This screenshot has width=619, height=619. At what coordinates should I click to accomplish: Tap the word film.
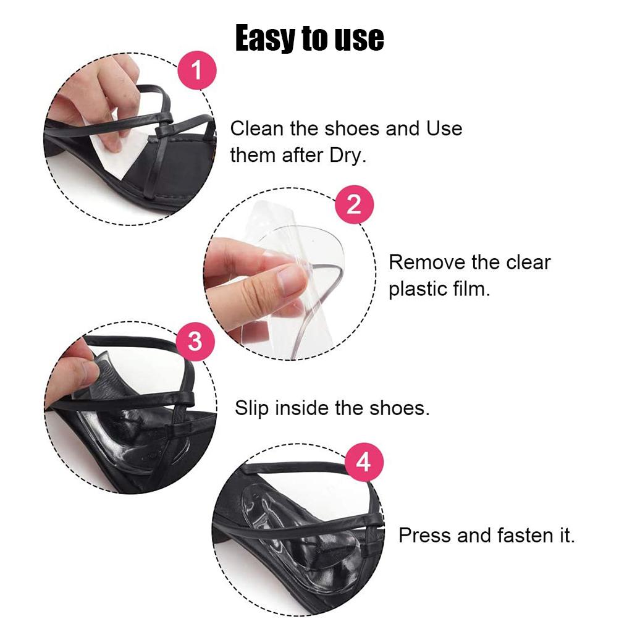pos(471,288)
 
